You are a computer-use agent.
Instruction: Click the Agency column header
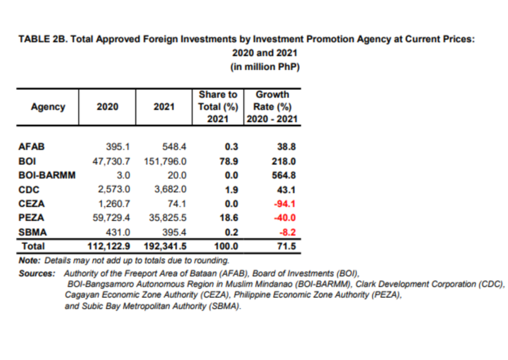pyautogui.click(x=48, y=107)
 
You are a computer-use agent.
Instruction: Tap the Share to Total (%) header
pyautogui.click(x=218, y=107)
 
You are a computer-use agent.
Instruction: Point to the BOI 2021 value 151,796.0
pyautogui.click(x=165, y=161)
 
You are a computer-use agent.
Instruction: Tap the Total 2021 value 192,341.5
pyautogui.click(x=165, y=246)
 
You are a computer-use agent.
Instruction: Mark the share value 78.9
pyautogui.click(x=229, y=161)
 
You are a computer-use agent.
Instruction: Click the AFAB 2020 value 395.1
pyautogui.click(x=118, y=147)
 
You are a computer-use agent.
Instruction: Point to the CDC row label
pyautogui.click(x=29, y=189)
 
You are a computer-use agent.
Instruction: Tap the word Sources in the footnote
pyautogui.click(x=37, y=273)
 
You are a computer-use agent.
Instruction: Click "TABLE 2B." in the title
pyautogui.click(x=44, y=39)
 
